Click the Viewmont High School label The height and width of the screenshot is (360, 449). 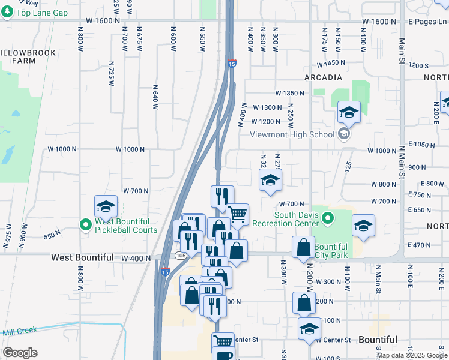[292, 134]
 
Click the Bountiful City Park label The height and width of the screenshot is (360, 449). [331, 251]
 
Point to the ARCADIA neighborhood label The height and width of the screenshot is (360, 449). [323, 78]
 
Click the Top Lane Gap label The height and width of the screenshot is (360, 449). [41, 13]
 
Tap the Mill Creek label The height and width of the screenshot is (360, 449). [20, 331]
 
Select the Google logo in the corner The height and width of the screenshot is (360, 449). [20, 353]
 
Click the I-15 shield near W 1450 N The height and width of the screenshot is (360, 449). [232, 63]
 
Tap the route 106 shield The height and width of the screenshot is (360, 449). [180, 256]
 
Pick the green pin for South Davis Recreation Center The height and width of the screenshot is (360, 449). [328, 217]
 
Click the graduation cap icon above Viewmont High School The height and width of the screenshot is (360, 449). [348, 112]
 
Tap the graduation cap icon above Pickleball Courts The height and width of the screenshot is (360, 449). [106, 207]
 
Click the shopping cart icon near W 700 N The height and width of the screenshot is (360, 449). [238, 214]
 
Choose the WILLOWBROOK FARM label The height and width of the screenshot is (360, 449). [28, 57]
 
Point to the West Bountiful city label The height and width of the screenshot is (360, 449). [82, 257]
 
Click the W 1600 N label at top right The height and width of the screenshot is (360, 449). [379, 21]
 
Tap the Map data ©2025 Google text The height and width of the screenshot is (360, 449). [412, 355]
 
